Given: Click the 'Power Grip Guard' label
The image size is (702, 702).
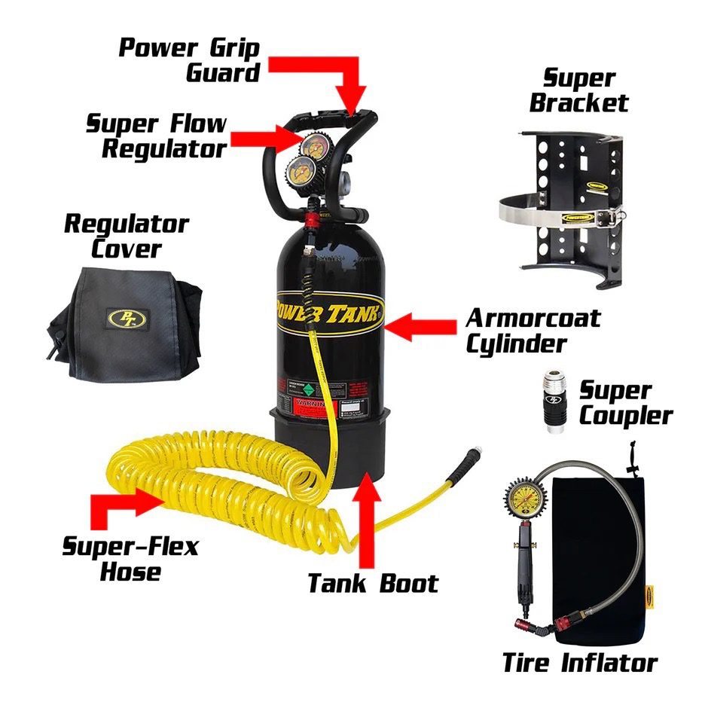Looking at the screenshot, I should pyautogui.click(x=190, y=60).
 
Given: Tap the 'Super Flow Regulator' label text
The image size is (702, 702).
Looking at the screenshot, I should pyautogui.click(x=156, y=136).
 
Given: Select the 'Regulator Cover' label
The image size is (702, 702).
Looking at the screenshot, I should pyautogui.click(x=126, y=235).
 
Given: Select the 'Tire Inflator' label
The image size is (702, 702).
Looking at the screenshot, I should pyautogui.click(x=579, y=663).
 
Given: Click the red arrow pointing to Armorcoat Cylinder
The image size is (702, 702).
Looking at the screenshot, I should pyautogui.click(x=420, y=327).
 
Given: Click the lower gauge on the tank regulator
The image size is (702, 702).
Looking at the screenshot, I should pyautogui.click(x=298, y=171).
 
